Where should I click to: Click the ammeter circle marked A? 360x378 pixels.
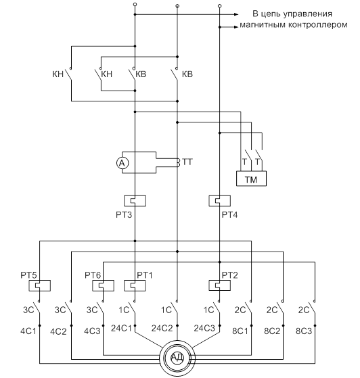click(x=122, y=163)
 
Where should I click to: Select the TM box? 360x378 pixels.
click(x=251, y=179)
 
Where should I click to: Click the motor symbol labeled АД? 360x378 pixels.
click(x=177, y=358)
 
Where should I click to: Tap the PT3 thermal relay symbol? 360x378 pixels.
click(x=135, y=201)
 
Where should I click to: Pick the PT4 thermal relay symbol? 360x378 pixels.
click(x=219, y=201)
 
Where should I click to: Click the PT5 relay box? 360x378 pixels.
click(x=39, y=285)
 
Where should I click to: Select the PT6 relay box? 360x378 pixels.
click(x=104, y=285)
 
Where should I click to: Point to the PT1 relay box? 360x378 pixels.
click(x=135, y=285)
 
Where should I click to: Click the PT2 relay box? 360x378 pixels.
click(x=219, y=285)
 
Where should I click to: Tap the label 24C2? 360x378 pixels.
click(x=162, y=328)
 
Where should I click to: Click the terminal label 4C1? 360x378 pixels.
click(x=28, y=331)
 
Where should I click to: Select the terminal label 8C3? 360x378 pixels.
click(x=304, y=331)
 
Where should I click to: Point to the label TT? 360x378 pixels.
click(x=187, y=162)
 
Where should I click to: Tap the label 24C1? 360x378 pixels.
click(x=121, y=328)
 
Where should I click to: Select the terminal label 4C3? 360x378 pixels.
click(x=92, y=331)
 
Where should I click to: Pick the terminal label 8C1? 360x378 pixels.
click(x=240, y=331)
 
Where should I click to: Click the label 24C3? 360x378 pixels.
click(x=204, y=328)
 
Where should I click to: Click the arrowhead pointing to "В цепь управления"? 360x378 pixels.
click(x=236, y=14)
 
